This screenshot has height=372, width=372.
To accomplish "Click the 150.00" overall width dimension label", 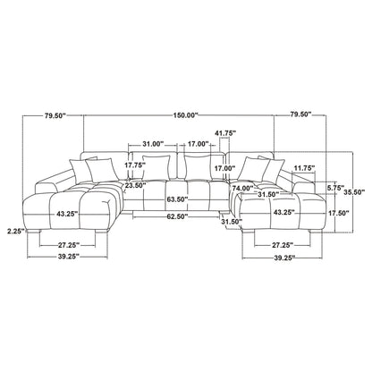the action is click(185, 115).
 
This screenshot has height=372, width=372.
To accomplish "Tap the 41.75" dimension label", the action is click(225, 133).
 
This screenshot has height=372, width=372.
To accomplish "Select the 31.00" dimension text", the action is click(153, 144).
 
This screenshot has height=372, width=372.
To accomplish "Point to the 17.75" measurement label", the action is click(135, 165).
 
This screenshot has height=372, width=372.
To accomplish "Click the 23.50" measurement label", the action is click(135, 185).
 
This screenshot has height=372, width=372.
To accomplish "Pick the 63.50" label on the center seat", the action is click(177, 199).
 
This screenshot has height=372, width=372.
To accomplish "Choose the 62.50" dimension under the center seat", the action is click(177, 216).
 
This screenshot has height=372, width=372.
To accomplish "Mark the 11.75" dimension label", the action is click(304, 168).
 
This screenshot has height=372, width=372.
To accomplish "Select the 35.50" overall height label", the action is click(354, 192).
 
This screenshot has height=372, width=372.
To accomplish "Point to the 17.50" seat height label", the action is click(339, 213).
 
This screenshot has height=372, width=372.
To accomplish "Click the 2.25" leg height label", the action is click(16, 231).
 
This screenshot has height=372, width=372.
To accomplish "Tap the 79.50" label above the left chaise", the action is click(55, 115).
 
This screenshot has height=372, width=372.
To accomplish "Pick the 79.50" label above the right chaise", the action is click(300, 114).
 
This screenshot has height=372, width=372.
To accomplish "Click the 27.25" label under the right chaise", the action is click(283, 245).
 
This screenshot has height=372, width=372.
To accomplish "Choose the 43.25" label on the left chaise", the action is click(67, 214).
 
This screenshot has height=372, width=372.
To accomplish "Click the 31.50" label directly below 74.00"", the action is click(268, 194).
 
